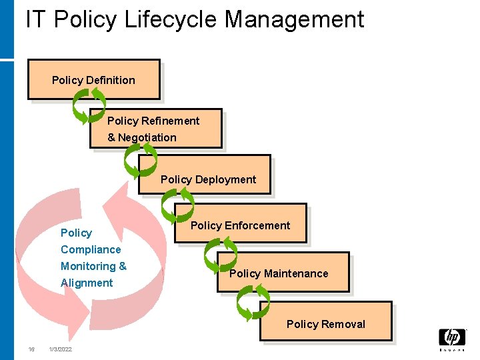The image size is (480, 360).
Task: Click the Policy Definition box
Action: pyautogui.click(x=93, y=80)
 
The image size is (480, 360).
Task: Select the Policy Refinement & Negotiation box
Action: pyautogui.click(x=156, y=128)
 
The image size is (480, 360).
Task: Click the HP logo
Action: pyautogui.click(x=452, y=339)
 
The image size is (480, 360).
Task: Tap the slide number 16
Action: pyautogui.click(x=31, y=350)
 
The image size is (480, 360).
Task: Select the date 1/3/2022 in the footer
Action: pyautogui.click(x=61, y=350)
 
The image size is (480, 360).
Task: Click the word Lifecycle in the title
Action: pyautogui.click(x=163, y=19)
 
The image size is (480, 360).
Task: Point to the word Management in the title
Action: pyautogui.click(x=294, y=19)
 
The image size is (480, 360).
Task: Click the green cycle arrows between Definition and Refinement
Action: pyautogui.click(x=89, y=107)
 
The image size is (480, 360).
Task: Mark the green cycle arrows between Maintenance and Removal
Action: pyautogui.click(x=253, y=303)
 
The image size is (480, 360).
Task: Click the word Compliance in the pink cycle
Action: pyautogui.click(x=91, y=249)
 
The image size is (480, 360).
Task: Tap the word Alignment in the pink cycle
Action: pyautogui.click(x=87, y=283)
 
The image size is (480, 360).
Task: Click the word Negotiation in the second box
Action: pyautogui.click(x=147, y=137)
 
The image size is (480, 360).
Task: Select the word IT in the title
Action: pyautogui.click(x=35, y=19)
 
